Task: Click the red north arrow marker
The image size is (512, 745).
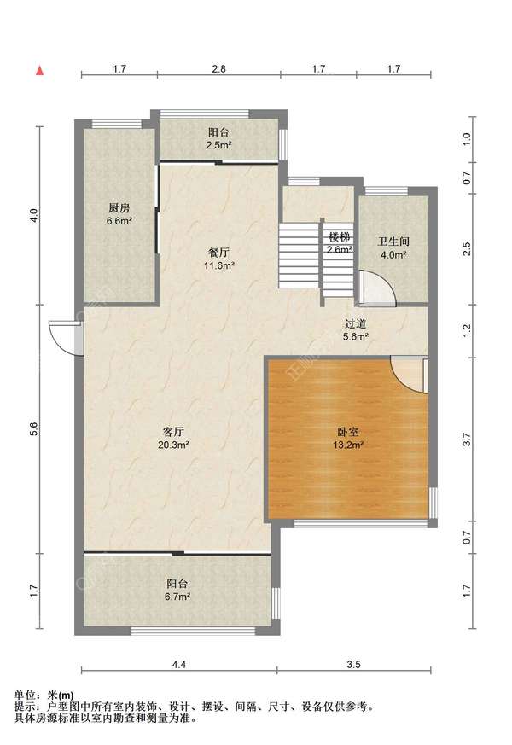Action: click(40, 71)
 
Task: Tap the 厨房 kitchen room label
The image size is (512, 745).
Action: click(119, 207)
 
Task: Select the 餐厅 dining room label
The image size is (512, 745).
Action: click(218, 253)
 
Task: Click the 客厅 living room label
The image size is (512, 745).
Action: click(173, 432)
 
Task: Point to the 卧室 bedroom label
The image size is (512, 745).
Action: click(348, 432)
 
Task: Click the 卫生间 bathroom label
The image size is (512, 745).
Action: click(393, 242)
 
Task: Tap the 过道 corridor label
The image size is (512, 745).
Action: click(356, 323)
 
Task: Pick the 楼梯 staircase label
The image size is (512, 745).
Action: click(339, 236)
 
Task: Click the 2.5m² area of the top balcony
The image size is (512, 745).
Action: click(218, 145)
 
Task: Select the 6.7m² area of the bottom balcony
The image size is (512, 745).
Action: click(177, 597)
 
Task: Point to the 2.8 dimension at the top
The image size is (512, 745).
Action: click(218, 69)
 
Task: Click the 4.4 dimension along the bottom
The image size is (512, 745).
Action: click(179, 665)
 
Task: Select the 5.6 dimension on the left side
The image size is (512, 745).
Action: click(33, 429)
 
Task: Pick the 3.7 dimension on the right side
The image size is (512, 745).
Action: click(467, 439)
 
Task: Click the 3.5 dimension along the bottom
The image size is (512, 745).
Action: click(354, 665)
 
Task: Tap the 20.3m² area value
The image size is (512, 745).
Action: click(174, 445)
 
